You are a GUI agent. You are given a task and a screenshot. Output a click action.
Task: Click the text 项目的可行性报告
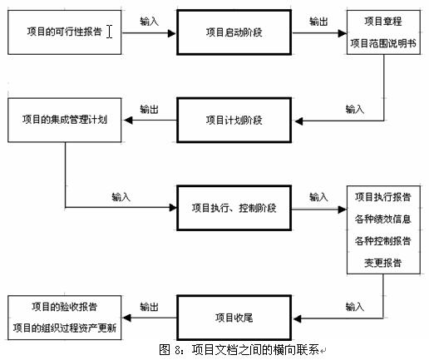click(65, 32)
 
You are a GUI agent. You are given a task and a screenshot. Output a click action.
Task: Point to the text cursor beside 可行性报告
click(110, 32)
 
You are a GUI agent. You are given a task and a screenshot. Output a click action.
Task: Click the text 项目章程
click(383, 22)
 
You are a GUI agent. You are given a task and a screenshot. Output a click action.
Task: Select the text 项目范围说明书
click(383, 43)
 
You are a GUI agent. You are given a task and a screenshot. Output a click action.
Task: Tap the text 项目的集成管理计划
click(65, 120)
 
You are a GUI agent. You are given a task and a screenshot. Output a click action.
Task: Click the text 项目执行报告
click(383, 197)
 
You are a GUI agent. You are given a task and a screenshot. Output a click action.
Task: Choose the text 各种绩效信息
click(383, 219)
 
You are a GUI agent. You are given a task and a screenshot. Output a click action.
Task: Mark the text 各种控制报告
click(383, 241)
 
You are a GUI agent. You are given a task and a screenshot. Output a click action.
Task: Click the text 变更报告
click(383, 263)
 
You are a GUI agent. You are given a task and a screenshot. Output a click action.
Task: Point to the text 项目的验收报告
click(65, 307)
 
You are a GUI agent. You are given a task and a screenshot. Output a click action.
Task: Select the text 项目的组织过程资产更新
click(65, 328)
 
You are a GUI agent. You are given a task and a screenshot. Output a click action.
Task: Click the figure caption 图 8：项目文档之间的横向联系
click(239, 350)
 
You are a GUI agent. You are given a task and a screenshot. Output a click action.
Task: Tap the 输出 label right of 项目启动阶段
click(318, 22)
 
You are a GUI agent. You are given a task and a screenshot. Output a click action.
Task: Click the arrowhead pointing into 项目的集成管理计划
click(128, 121)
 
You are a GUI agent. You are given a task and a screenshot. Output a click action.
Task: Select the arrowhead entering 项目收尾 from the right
click(298, 319)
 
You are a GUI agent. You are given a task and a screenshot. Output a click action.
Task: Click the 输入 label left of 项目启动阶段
click(150, 22)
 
